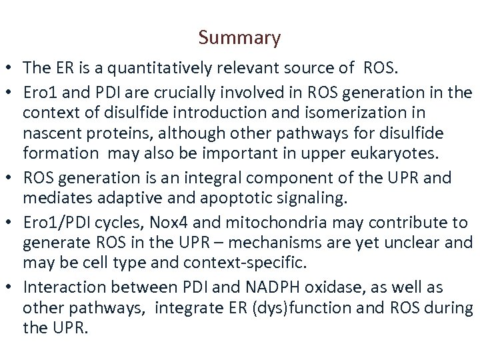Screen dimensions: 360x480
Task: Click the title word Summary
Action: click(x=239, y=39)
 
